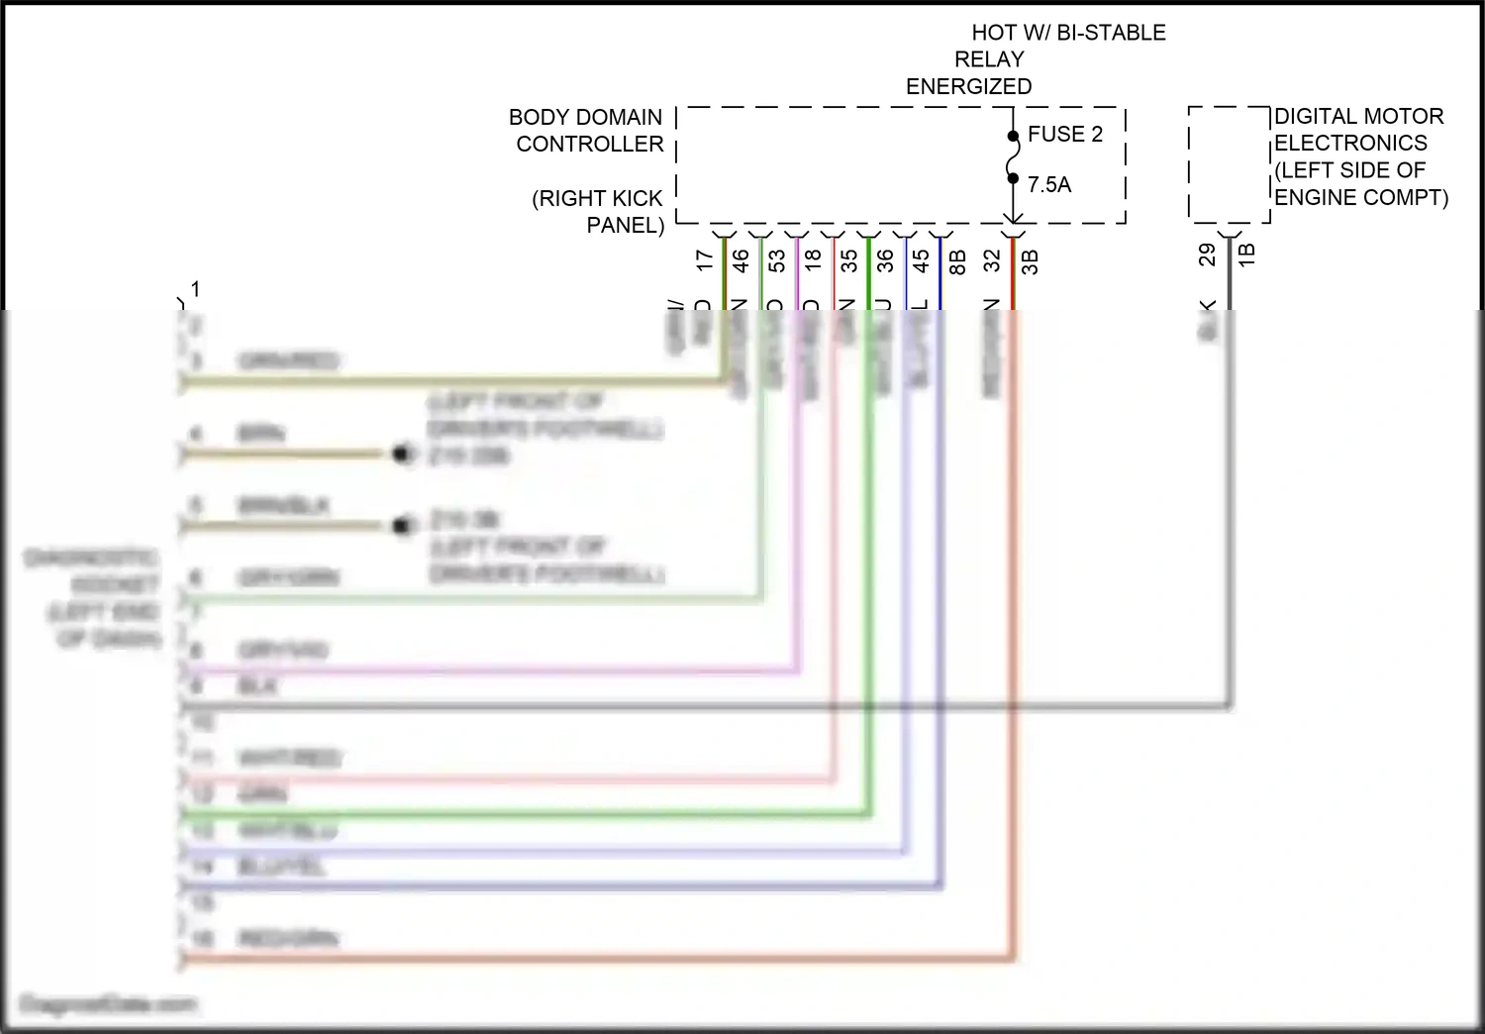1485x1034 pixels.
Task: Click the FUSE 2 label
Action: (1064, 135)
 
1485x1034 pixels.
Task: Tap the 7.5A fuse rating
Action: (1049, 185)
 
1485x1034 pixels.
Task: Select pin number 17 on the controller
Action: (704, 260)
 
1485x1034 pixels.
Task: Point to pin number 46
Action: (741, 260)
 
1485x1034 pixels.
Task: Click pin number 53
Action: (777, 260)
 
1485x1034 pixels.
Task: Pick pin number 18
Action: (813, 260)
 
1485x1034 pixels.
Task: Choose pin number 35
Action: (849, 260)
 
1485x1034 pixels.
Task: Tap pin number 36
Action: (885, 260)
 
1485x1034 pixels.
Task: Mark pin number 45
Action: (922, 260)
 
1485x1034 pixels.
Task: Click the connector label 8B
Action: (957, 262)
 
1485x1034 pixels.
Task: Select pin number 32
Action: (993, 260)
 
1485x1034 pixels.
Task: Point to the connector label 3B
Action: (1030, 262)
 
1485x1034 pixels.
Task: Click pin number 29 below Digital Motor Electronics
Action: (1207, 256)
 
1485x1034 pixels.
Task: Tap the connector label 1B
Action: (1246, 254)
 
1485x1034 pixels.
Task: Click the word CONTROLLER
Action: (590, 145)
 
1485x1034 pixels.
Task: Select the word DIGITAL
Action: (1315, 117)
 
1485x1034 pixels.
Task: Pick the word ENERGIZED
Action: (968, 87)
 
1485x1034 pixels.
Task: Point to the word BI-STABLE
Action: (1112, 33)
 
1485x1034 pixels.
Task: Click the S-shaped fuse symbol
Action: (1013, 157)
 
